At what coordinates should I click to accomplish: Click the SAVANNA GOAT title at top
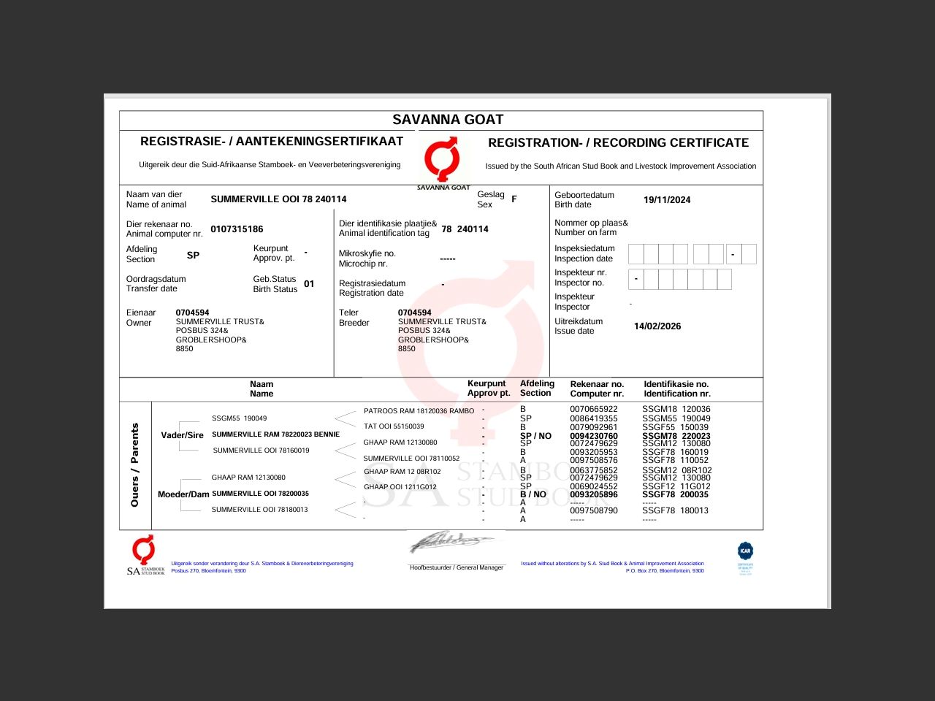(448, 120)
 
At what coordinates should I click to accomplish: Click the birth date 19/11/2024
(666, 200)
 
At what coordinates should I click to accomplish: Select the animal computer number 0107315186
(237, 229)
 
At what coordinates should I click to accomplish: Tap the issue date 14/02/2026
(657, 326)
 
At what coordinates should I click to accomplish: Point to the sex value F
(514, 199)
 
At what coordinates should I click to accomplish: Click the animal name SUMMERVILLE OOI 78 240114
(278, 199)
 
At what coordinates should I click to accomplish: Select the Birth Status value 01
(309, 284)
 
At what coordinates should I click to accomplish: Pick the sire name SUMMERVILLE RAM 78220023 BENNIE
(275, 434)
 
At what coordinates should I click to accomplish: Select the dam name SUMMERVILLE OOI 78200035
(260, 494)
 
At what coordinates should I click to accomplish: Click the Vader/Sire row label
(182, 435)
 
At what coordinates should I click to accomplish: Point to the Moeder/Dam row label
(183, 494)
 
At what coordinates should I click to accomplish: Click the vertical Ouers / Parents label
(134, 465)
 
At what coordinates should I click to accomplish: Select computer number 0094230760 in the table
(593, 436)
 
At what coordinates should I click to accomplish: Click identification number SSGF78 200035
(675, 494)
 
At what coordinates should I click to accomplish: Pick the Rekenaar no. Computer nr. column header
(597, 388)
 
